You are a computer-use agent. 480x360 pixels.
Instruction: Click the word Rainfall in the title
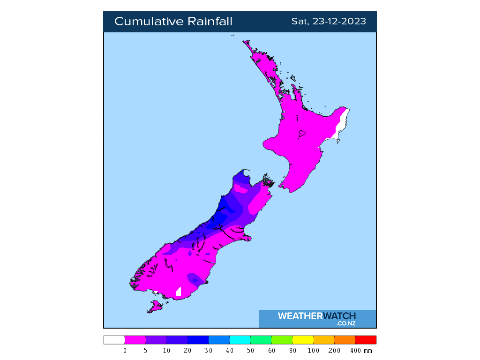(210, 22)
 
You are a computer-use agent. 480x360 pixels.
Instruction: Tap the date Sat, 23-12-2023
(329, 22)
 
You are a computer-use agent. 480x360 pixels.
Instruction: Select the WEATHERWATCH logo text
(317, 316)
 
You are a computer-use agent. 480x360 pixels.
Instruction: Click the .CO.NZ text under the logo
(346, 323)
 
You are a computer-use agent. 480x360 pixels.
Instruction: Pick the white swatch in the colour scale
(114, 340)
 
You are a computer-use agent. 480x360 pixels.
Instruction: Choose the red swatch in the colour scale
(366, 340)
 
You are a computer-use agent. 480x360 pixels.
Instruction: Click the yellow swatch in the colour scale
(303, 340)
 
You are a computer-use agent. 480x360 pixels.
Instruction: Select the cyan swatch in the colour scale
(240, 340)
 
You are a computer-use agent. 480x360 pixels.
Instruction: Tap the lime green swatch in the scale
(282, 340)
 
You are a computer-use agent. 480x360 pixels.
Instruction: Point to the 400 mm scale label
(361, 351)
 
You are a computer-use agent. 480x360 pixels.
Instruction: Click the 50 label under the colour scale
(250, 351)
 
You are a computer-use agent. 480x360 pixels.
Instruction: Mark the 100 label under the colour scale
(313, 351)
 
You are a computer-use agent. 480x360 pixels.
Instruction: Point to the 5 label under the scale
(145, 351)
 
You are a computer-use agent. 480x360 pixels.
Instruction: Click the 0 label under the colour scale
(125, 351)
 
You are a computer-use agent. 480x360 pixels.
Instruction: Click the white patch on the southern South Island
(178, 292)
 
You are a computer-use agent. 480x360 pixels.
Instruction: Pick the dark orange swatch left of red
(345, 340)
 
